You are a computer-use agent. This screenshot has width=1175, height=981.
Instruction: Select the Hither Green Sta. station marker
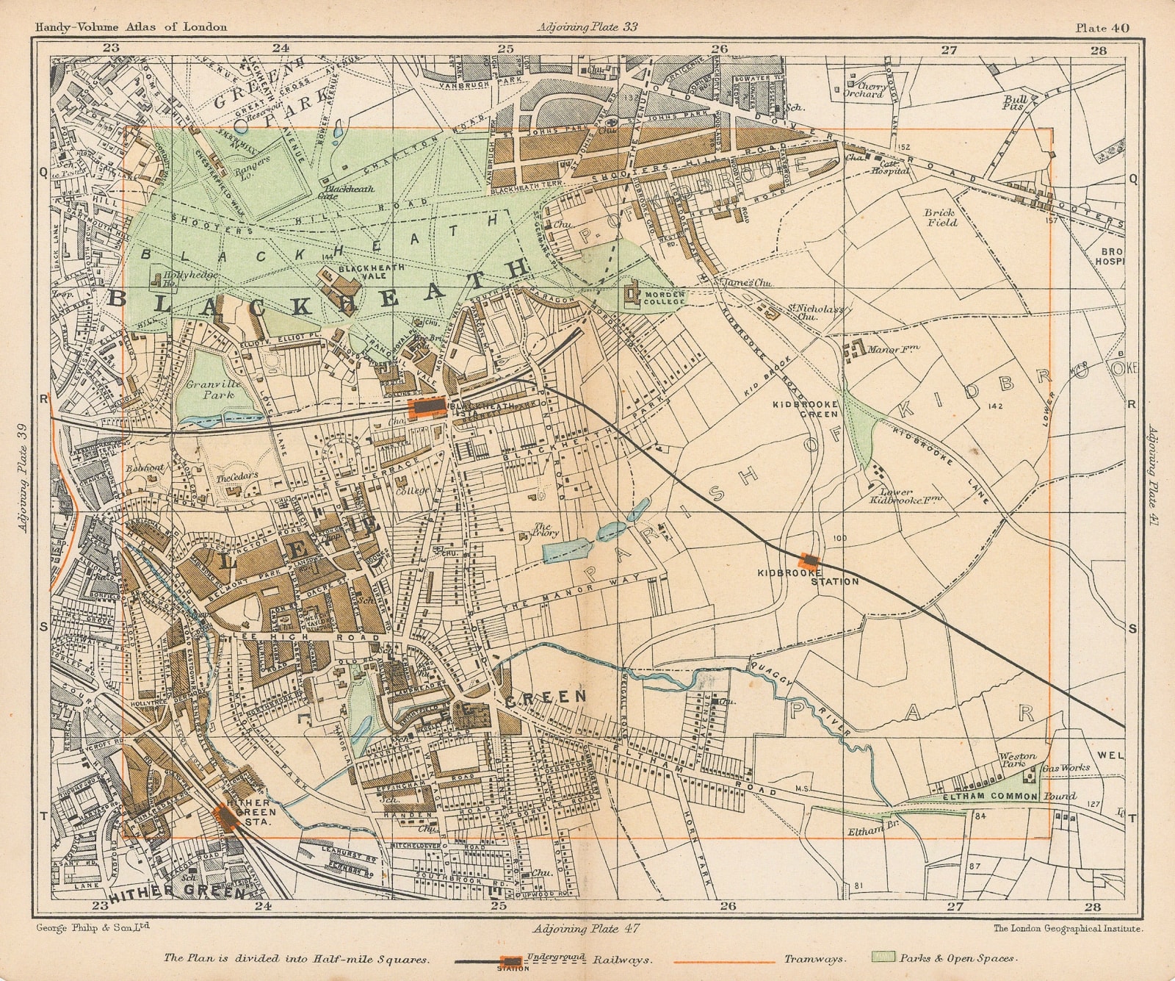click(225, 816)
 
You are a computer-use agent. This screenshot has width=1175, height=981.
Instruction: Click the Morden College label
click(664, 298)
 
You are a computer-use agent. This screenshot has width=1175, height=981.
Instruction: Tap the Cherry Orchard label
click(864, 90)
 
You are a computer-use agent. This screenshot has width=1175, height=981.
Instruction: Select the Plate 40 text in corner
click(1102, 28)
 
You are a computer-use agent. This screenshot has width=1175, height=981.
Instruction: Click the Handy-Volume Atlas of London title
click(131, 27)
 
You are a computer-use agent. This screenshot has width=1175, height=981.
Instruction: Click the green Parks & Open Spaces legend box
click(883, 958)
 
